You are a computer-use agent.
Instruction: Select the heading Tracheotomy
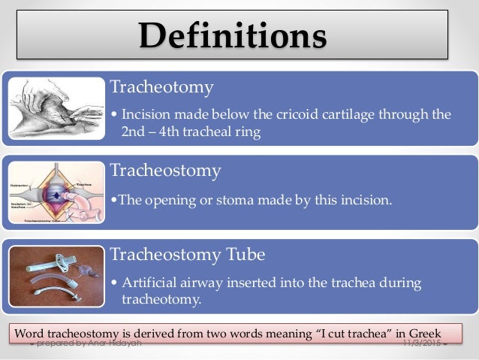[161, 87]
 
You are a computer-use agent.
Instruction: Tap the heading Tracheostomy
[165, 171]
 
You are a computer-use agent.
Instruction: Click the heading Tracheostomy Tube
[188, 255]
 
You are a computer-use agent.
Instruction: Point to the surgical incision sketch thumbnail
[56, 108]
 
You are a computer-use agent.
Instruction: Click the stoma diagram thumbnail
[56, 192]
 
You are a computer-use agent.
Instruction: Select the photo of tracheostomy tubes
[56, 276]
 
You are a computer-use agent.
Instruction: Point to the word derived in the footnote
[161, 333]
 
